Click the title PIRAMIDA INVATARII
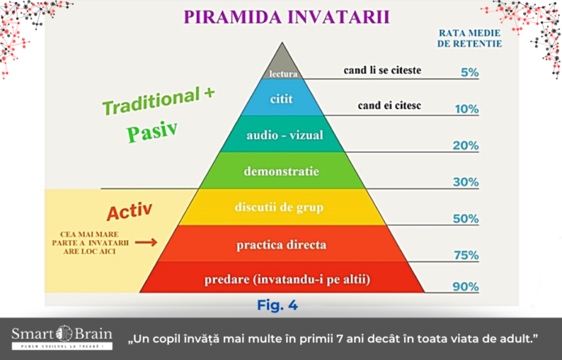point(286,17)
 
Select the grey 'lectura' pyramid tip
point(282,67)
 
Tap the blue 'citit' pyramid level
point(282,97)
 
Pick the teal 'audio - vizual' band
point(282,134)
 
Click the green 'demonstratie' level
point(282,170)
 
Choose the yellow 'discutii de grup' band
point(282,207)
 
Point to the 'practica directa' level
point(282,244)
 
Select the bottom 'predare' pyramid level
point(282,277)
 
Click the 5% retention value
point(470,72)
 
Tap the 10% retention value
point(467,109)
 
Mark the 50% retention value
point(465,219)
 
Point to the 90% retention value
point(465,287)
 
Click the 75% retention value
point(466,255)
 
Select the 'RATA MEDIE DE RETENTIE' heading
point(470,38)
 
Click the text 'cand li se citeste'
point(383,70)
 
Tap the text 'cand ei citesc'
point(389,105)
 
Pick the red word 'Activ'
point(130,211)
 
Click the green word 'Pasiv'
point(152,131)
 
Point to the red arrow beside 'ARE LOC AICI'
point(146,243)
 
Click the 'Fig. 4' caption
point(277,305)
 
